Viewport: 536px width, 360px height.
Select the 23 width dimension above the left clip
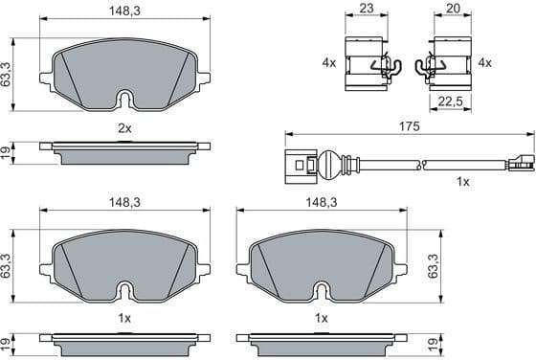(365, 9)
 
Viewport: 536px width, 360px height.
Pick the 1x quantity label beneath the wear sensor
(463, 182)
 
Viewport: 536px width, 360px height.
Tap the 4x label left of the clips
(329, 62)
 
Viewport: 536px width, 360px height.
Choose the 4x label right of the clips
(484, 62)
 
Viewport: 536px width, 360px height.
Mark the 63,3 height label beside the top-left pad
(8, 74)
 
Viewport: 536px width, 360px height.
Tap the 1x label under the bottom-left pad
(123, 317)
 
